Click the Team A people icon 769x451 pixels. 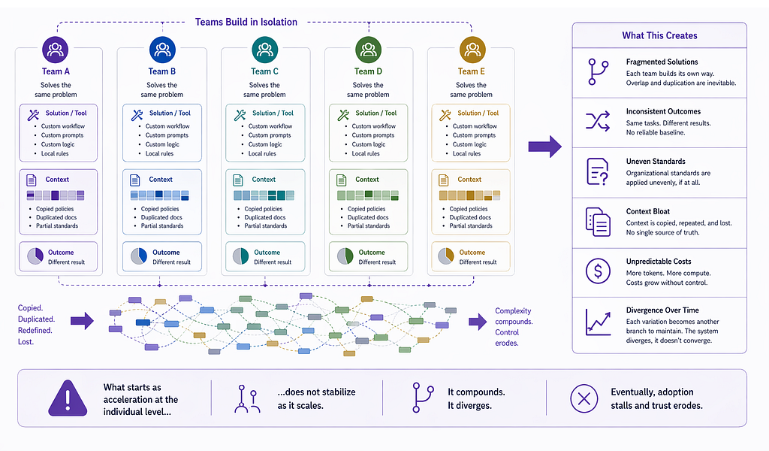point(56,49)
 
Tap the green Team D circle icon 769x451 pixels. point(368,49)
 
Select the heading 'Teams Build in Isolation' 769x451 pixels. point(246,22)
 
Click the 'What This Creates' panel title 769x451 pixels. point(659,35)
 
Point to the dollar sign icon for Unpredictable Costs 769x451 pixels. point(598,271)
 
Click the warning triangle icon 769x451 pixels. point(68,398)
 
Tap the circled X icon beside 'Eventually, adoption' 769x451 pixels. point(584,398)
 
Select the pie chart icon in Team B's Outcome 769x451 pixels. point(139,256)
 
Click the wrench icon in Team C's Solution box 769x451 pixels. point(240,115)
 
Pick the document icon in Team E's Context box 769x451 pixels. point(443,180)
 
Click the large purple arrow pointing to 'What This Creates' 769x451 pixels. point(545,147)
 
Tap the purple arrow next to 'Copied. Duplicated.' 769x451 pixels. point(82,321)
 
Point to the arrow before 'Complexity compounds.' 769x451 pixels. point(478,322)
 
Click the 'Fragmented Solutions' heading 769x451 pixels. point(662,62)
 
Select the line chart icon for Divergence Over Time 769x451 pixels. point(599,322)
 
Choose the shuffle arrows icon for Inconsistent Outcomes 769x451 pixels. point(598,121)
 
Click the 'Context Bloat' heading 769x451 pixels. point(648,211)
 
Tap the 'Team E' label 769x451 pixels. point(472,71)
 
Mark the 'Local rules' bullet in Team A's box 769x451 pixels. point(55,153)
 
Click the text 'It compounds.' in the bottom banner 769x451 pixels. point(476,392)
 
